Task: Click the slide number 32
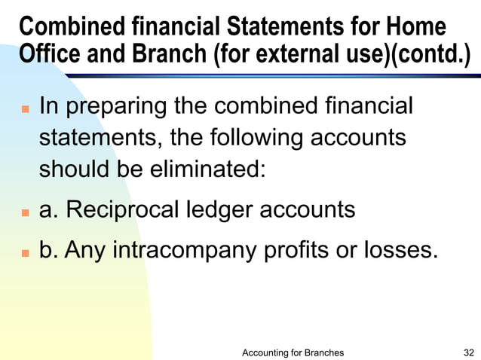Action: (x=468, y=352)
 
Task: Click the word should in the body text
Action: (x=73, y=171)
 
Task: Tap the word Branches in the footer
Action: (x=321, y=352)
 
